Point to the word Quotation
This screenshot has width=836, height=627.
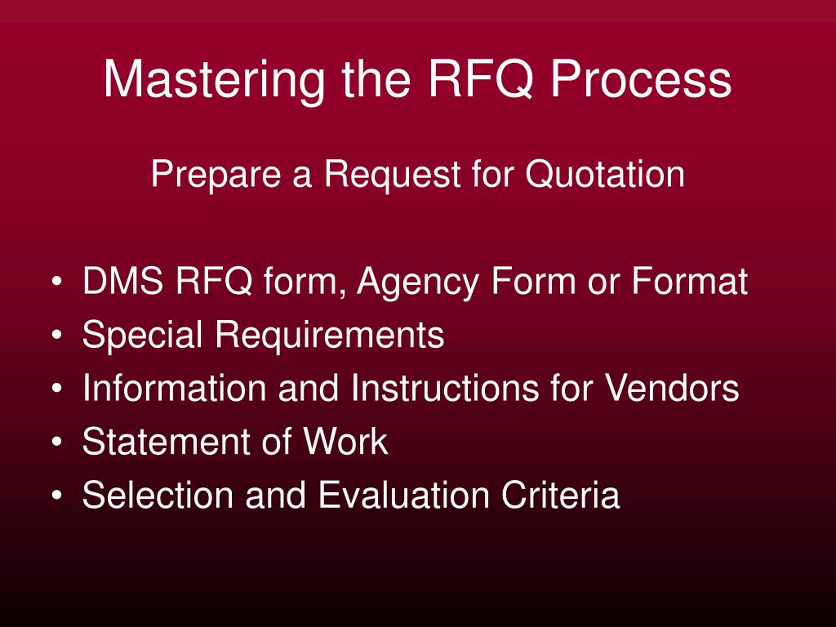pyautogui.click(x=604, y=175)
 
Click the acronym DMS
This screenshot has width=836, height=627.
pyautogui.click(x=122, y=282)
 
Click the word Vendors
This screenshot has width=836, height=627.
pyautogui.click(x=671, y=389)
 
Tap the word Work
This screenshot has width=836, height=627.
pyautogui.click(x=345, y=442)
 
